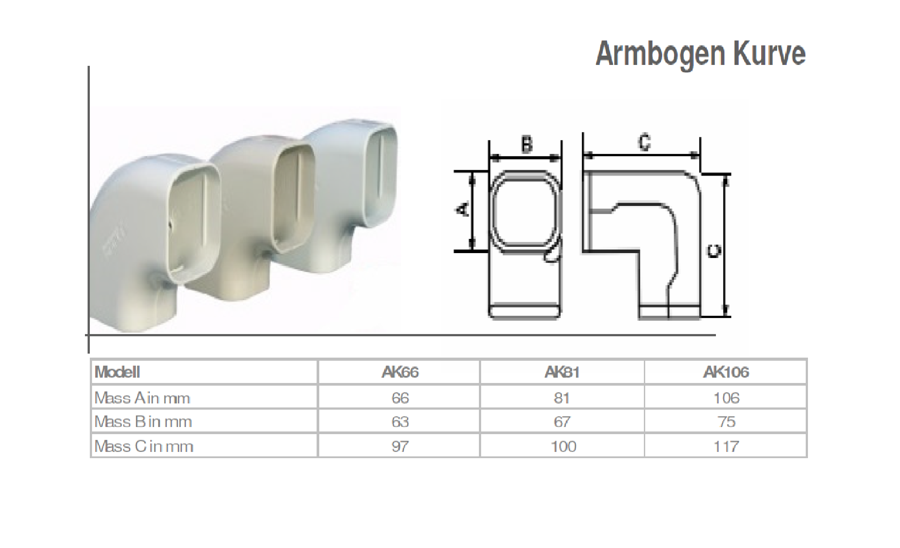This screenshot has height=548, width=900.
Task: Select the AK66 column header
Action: tap(400, 372)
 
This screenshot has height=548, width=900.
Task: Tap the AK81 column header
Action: tap(562, 372)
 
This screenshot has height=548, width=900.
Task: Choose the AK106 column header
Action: tap(726, 372)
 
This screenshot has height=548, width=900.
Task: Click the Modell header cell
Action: tap(117, 372)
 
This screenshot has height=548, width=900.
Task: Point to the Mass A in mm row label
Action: tap(142, 398)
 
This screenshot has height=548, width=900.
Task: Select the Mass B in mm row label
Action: tap(143, 422)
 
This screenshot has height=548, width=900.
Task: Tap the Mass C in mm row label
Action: tap(144, 446)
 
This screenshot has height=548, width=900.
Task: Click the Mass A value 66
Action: tap(400, 398)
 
